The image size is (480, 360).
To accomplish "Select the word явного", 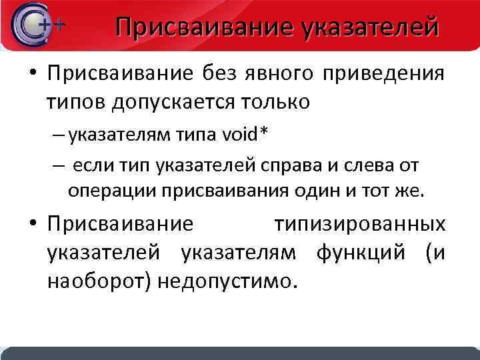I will pyautogui.click(x=276, y=73).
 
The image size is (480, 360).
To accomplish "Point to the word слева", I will pyautogui.click(x=369, y=164).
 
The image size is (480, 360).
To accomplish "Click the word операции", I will pyautogui.click(x=109, y=191).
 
